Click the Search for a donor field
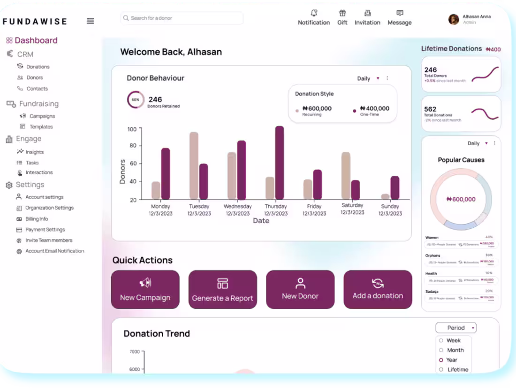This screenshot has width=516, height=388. coord(182,18)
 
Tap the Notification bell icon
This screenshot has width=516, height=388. coord(314,13)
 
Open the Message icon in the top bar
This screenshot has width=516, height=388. coord(400,13)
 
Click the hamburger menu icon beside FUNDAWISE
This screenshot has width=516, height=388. coord(91,21)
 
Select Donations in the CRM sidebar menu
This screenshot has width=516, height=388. coord(38,67)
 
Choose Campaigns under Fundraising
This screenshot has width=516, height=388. coord(42,116)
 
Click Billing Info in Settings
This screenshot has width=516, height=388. coord(37,219)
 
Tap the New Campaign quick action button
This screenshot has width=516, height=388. coord(145,289)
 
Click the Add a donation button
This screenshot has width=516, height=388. coord(378,289)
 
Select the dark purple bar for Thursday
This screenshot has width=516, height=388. coord(280,163)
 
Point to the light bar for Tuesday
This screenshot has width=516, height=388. coord(194,166)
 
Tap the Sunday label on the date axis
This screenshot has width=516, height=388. coord(390,206)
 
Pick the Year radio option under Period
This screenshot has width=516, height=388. coord(441,360)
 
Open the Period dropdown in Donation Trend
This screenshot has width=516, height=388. coord(456,328)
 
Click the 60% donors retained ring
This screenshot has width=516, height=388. coord(136,100)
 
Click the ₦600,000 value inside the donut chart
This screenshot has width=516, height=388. coord(461,199)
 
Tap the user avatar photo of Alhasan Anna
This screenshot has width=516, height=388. coord(454,19)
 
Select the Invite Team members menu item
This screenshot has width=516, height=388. coord(49,241)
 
